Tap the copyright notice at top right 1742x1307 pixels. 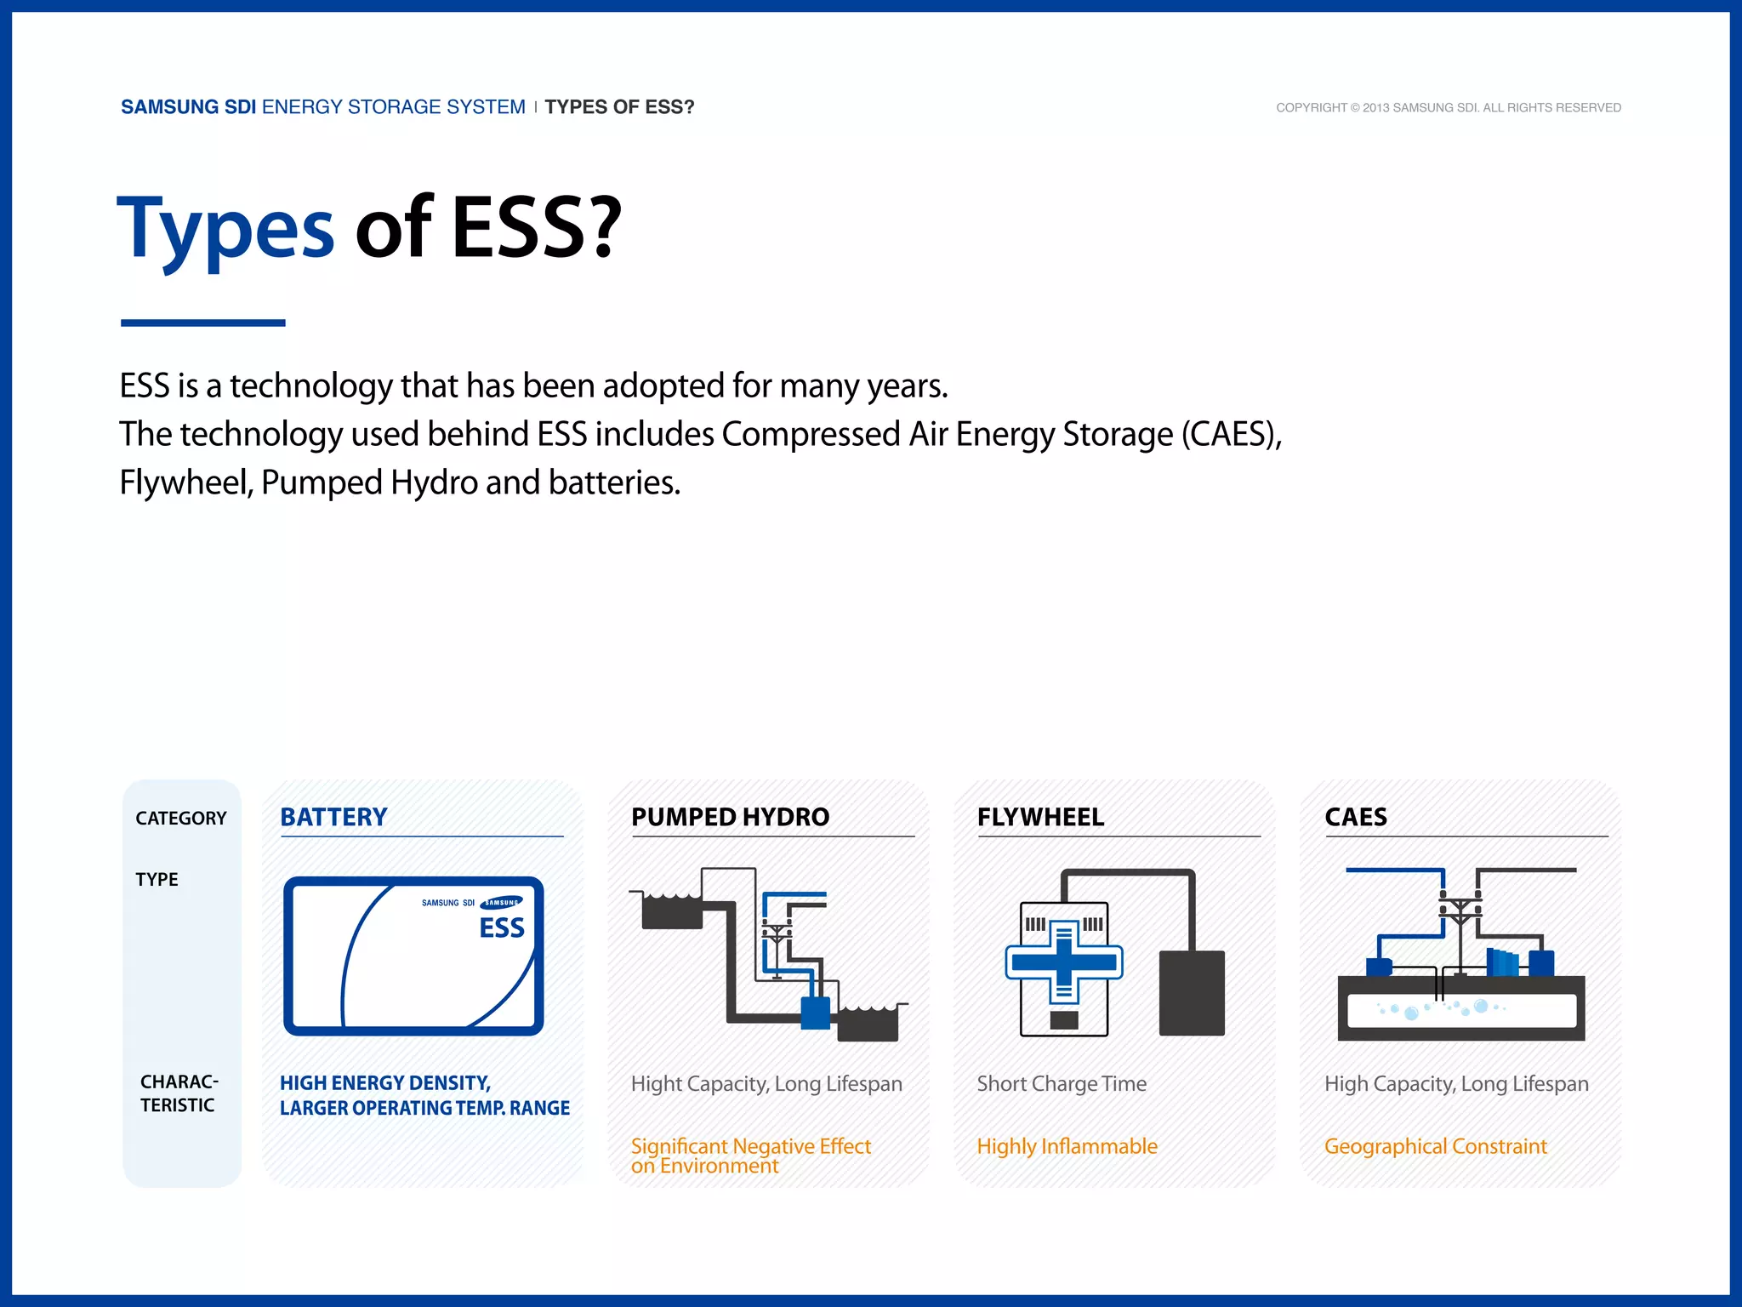coord(1448,108)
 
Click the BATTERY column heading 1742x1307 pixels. coord(333,817)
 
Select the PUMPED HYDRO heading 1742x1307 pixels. coord(730,817)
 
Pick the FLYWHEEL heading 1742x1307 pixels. coord(1040,817)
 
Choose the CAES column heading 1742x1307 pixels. coord(1356,817)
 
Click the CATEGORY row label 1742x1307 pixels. coord(181,819)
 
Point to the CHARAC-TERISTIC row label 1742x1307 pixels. coord(179,1093)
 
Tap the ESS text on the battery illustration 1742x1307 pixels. coord(502,928)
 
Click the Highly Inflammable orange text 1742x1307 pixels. coord(1067,1146)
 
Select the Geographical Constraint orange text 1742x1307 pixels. coord(1435,1146)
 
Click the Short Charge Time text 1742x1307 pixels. coord(1062,1084)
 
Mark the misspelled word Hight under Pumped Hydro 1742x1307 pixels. coord(656,1084)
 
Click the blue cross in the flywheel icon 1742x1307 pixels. coord(1064,962)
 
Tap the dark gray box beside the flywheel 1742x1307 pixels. coord(1192,993)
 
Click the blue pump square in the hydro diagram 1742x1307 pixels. coord(815,1013)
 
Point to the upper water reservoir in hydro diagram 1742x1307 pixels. coord(672,912)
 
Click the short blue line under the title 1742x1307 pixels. coord(202,323)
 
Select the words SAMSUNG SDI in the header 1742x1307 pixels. coord(188,107)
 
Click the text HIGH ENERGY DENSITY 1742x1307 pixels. coord(385,1083)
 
